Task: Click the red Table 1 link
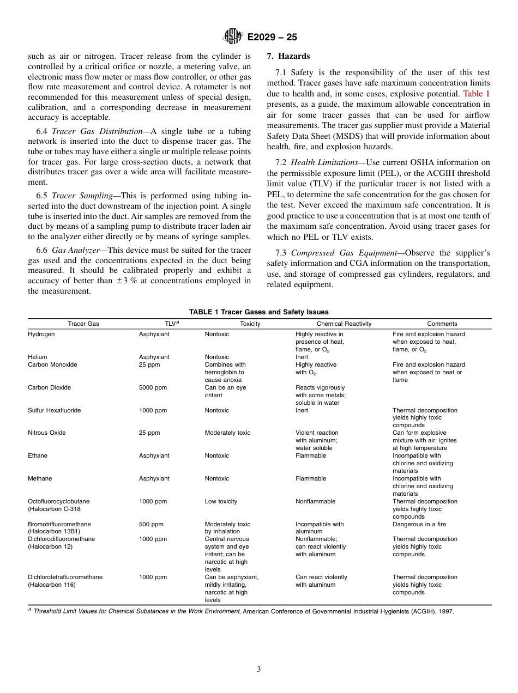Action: (477, 94)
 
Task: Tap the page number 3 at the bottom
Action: (259, 670)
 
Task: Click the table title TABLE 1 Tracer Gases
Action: (259, 312)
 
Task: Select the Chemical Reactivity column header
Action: (344, 324)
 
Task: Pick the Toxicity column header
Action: (250, 324)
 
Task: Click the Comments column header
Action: (442, 324)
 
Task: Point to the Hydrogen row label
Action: (41, 335)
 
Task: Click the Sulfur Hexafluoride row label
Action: (54, 410)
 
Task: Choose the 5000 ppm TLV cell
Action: (153, 388)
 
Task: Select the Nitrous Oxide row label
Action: (46, 433)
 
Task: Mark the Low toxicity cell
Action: (221, 501)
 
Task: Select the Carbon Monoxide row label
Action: (52, 364)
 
